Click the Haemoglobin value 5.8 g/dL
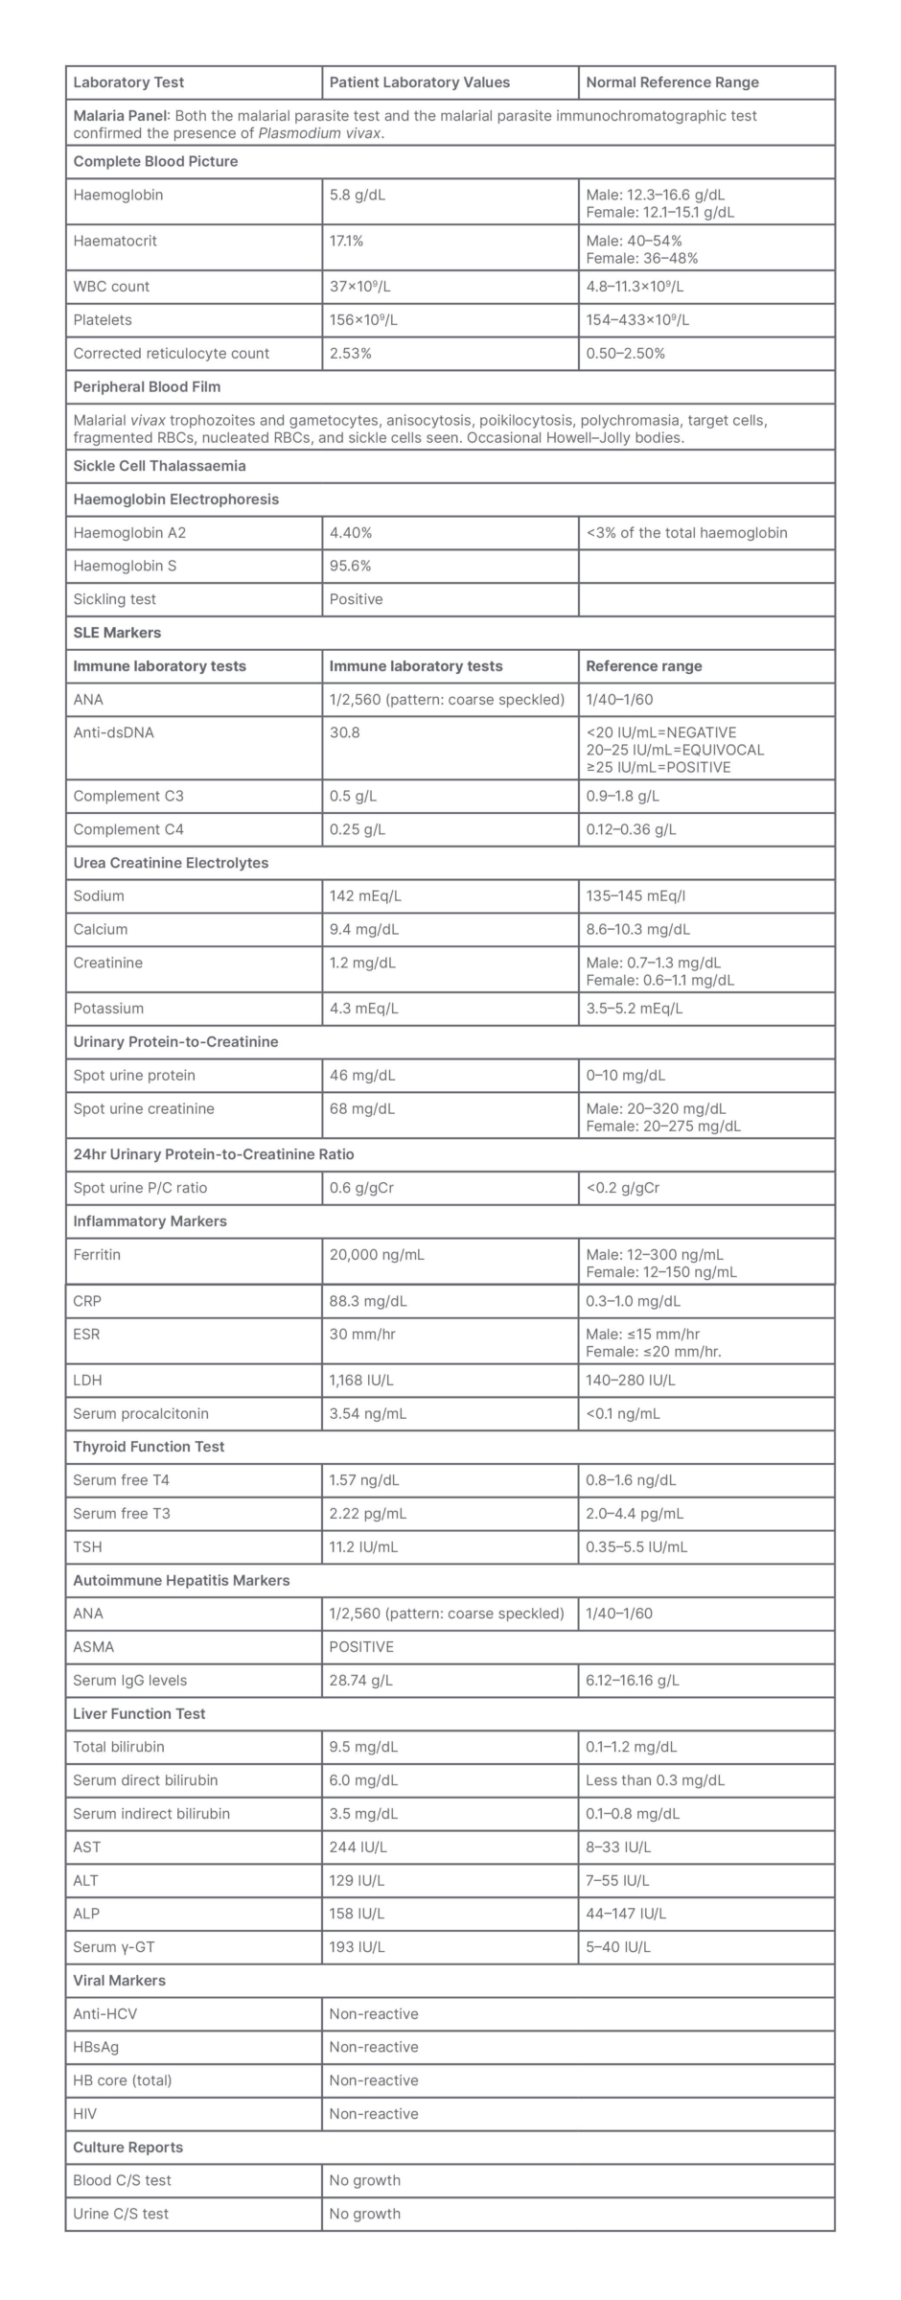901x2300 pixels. [x=358, y=195]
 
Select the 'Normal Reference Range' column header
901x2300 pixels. [x=672, y=82]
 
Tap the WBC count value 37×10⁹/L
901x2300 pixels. [x=363, y=287]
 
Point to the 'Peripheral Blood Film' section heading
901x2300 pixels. [x=147, y=387]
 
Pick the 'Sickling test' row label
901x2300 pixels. [x=114, y=599]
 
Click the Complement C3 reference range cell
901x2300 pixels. [x=622, y=796]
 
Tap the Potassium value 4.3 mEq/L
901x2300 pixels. [x=364, y=1009]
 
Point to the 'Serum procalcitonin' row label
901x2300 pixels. [x=140, y=1414]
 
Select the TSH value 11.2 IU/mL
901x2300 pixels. [x=363, y=1547]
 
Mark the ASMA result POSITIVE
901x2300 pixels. [x=361, y=1647]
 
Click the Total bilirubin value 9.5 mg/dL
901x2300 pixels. [x=363, y=1747]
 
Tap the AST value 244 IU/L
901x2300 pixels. [x=358, y=1847]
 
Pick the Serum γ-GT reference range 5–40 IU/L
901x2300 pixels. [x=618, y=1947]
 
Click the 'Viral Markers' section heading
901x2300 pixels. [x=119, y=1981]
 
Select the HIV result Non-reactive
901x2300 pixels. [x=374, y=2114]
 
